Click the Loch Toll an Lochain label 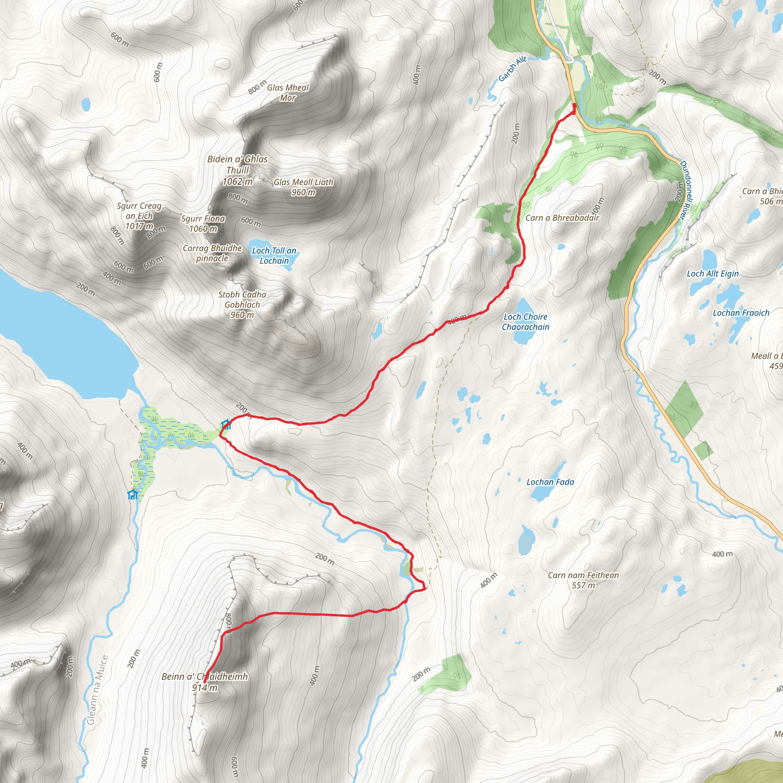[274, 256]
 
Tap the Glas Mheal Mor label [288, 93]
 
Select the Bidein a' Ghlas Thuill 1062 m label [237, 170]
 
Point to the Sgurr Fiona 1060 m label [203, 223]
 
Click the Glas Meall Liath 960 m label [303, 187]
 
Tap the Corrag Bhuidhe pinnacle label [212, 253]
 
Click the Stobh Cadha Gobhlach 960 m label [242, 305]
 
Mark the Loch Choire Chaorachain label [525, 322]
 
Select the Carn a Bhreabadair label [562, 218]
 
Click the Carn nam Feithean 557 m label [583, 580]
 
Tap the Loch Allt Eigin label [713, 274]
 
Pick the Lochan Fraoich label [741, 313]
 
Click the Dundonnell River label [684, 190]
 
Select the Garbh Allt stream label [512, 68]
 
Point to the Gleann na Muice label [97, 689]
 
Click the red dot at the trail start [574, 106]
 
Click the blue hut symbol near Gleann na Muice [133, 494]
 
